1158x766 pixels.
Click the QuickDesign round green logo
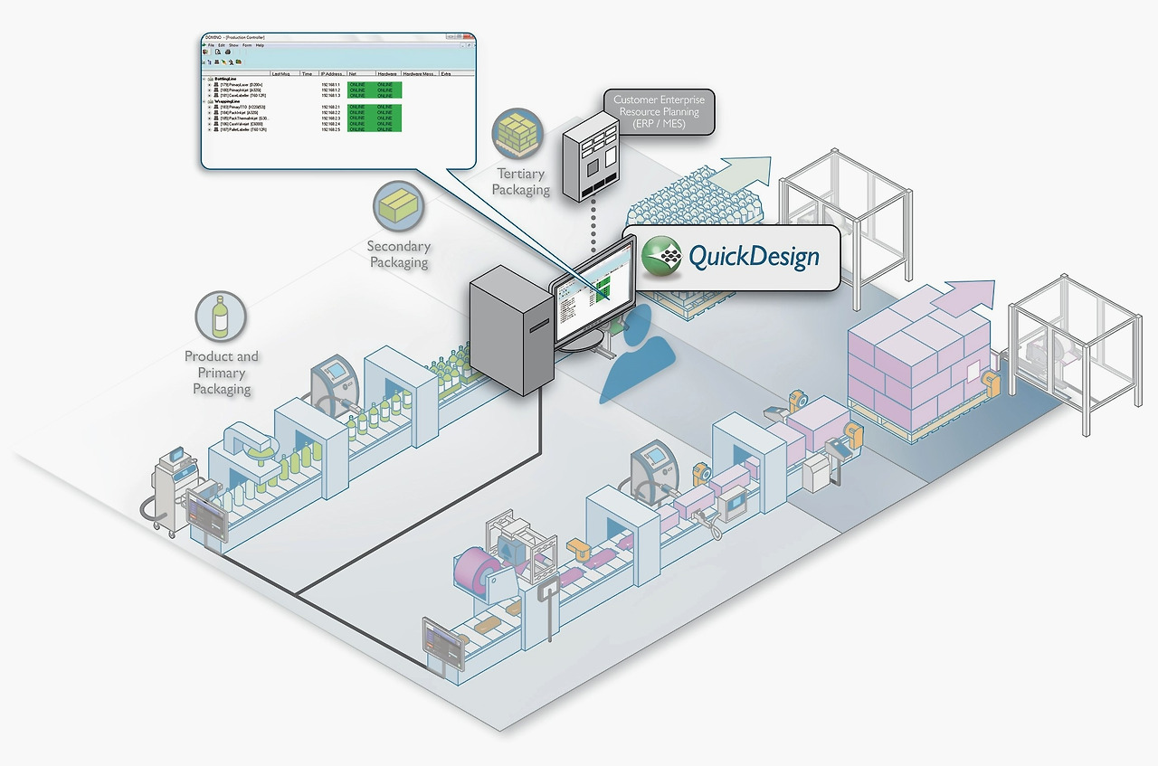click(662, 256)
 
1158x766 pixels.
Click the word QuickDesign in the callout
click(754, 257)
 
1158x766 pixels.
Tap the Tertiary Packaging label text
click(520, 182)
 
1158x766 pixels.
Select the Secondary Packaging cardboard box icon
click(398, 206)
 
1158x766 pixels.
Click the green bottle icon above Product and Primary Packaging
click(220, 317)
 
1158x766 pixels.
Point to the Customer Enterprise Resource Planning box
click(658, 110)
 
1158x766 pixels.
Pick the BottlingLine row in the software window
click(225, 79)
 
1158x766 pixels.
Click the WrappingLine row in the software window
click(227, 101)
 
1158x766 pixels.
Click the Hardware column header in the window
click(386, 74)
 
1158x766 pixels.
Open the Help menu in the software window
click(260, 45)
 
